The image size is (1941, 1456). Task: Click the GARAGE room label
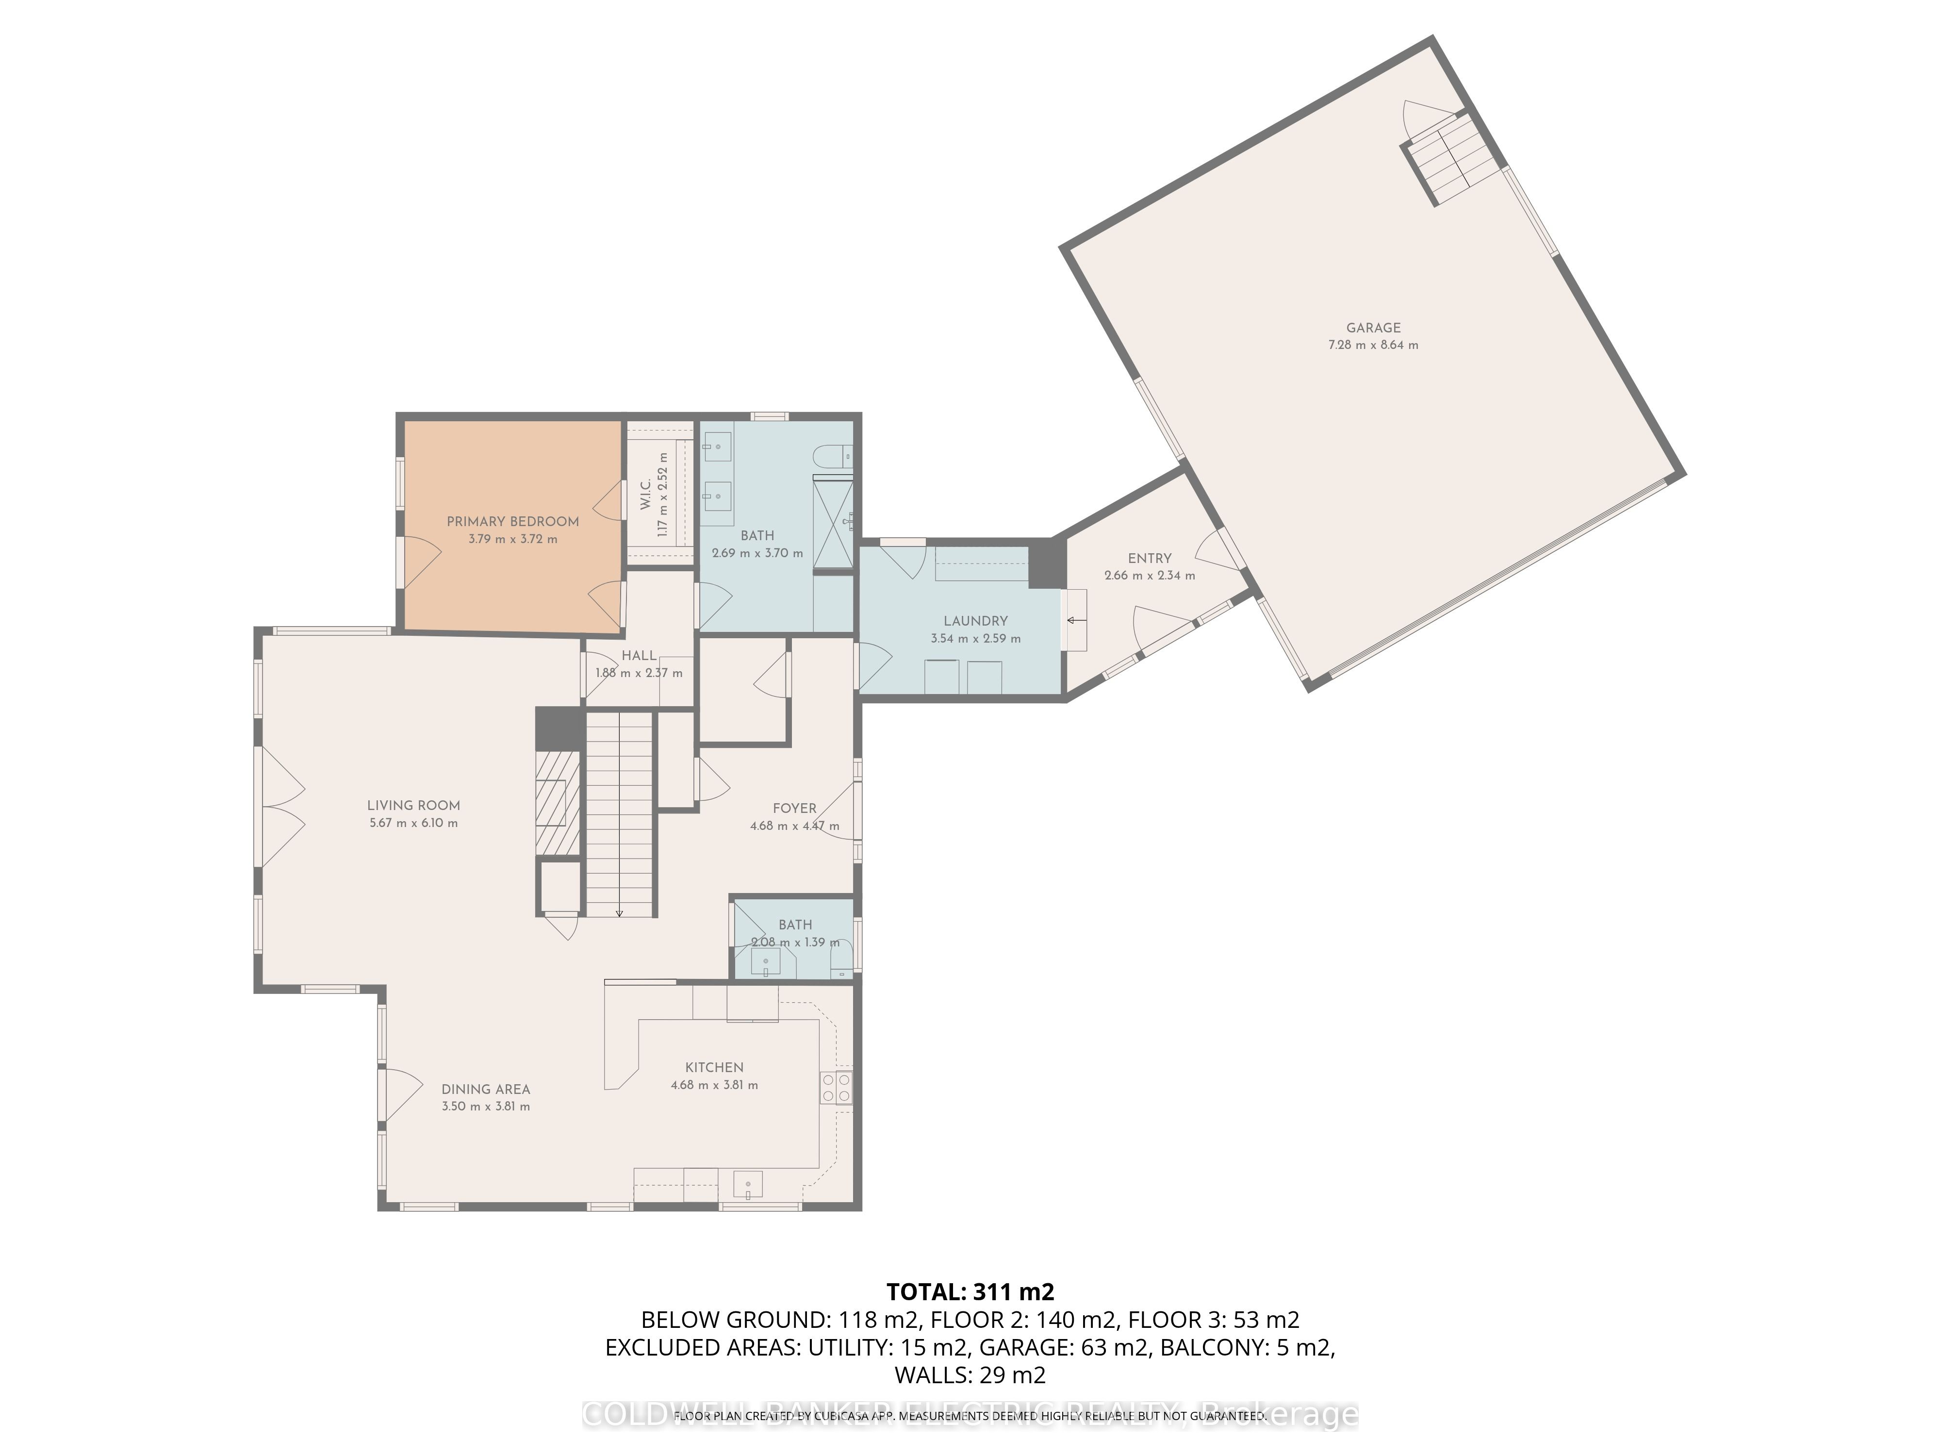coord(1373,328)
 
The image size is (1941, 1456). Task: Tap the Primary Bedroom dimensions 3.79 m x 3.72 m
coord(512,539)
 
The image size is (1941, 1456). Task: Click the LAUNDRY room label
coord(975,620)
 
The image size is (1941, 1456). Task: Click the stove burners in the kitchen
coord(836,1088)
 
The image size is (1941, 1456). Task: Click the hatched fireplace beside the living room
coord(558,803)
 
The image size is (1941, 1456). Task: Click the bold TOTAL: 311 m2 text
coord(970,1292)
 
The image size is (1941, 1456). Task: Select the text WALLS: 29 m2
coord(970,1374)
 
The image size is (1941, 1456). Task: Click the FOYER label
coord(794,808)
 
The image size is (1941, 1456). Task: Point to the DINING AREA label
coord(485,1089)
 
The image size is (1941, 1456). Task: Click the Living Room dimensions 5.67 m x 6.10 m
coord(413,823)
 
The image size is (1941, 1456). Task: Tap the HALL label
coord(639,656)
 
